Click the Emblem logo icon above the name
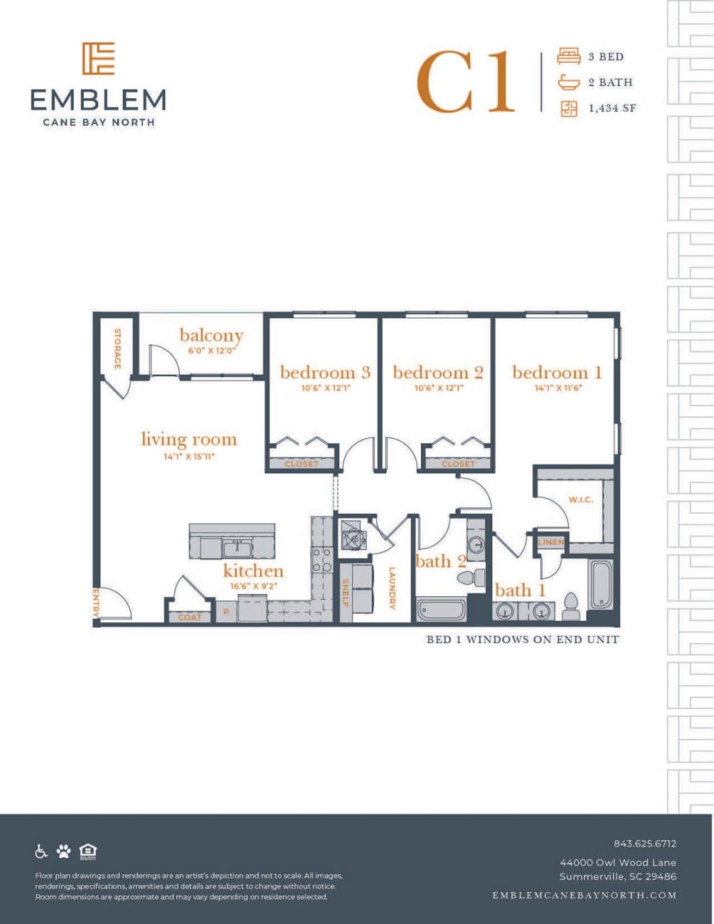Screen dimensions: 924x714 (x=98, y=58)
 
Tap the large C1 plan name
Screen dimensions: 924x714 (x=466, y=82)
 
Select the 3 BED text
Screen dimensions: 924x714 (x=606, y=57)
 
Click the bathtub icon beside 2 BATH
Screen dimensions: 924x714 (x=568, y=82)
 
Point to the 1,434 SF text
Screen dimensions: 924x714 (x=612, y=108)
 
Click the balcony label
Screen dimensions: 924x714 (x=211, y=336)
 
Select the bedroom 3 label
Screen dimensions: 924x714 (x=325, y=372)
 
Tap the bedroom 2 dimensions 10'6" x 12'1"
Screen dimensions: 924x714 (x=437, y=388)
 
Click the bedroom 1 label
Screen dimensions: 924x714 (x=557, y=372)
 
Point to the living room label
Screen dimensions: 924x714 (x=188, y=440)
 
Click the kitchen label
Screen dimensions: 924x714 (x=253, y=571)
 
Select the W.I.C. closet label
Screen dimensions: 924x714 (x=580, y=500)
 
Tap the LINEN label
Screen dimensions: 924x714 (x=551, y=542)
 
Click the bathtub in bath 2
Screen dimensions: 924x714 (x=441, y=609)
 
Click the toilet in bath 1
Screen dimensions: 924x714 (x=571, y=607)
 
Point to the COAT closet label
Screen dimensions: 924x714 (x=190, y=617)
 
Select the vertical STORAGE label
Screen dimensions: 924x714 (x=117, y=349)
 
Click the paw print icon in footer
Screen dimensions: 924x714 (x=64, y=852)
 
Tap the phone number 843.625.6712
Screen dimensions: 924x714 (x=645, y=843)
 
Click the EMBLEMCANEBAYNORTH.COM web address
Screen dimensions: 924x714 (x=584, y=895)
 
